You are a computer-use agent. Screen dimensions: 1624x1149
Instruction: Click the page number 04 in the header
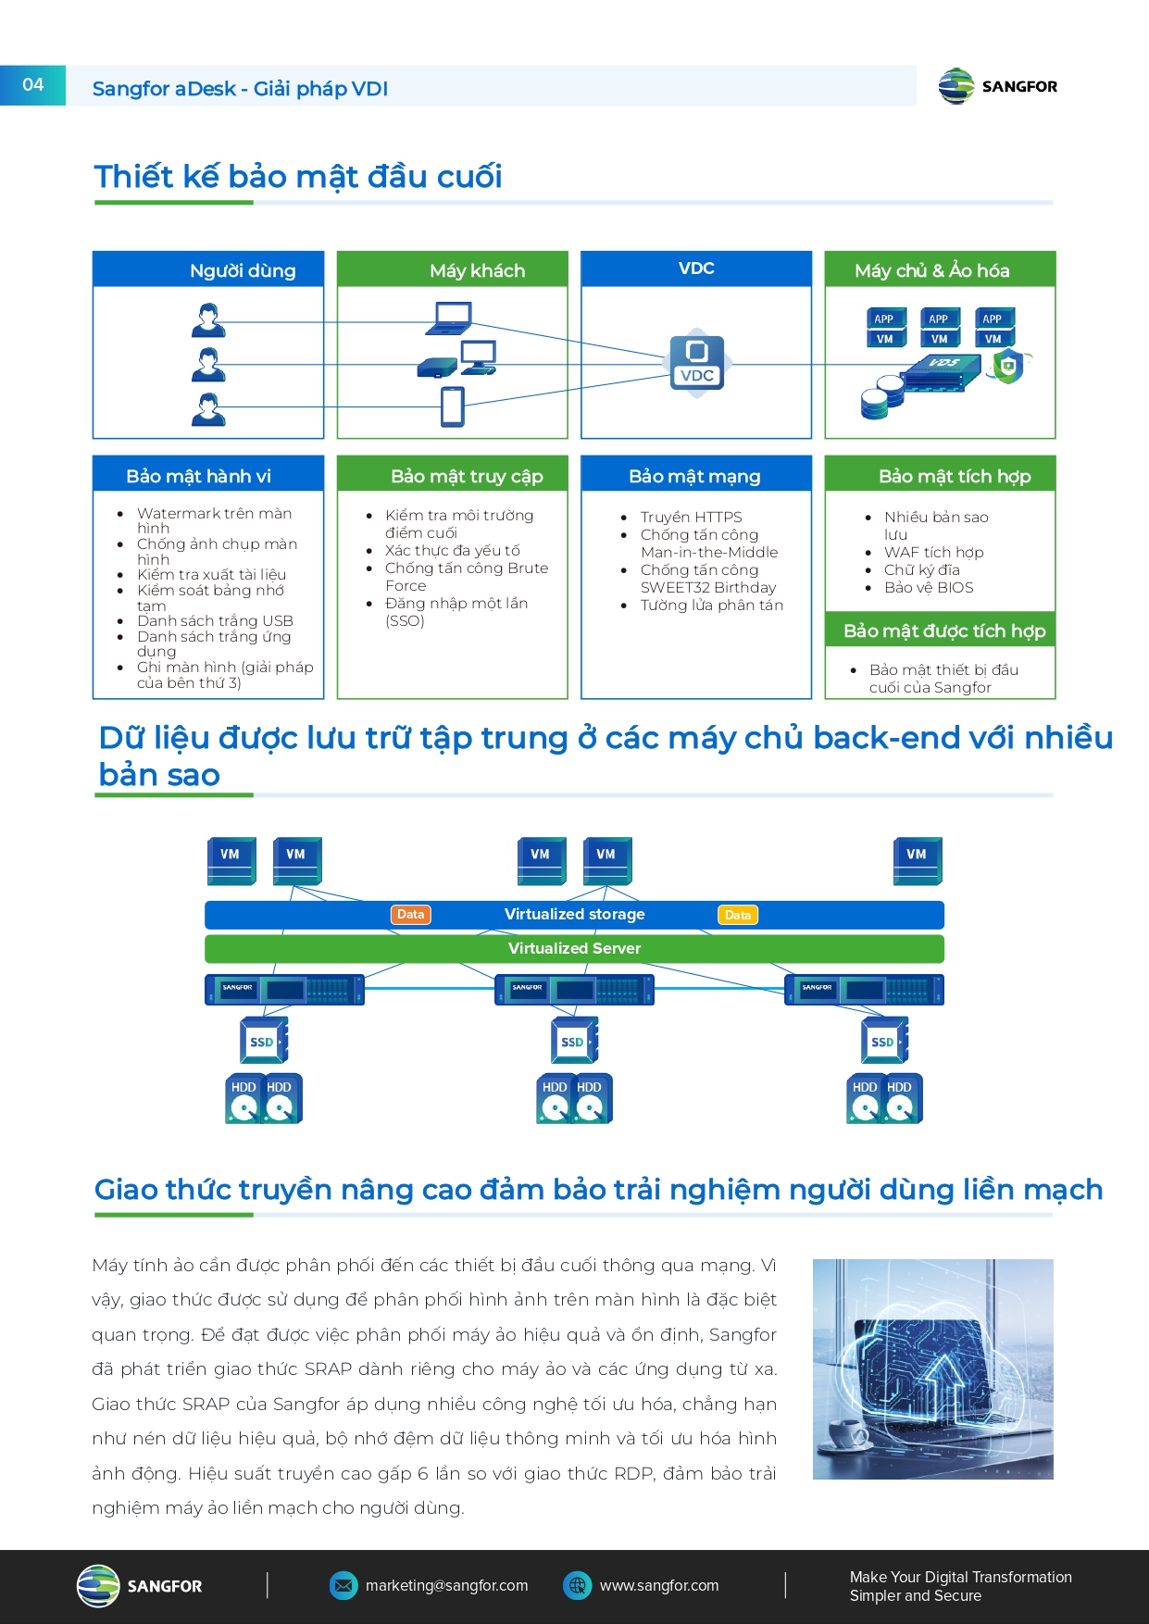click(x=32, y=85)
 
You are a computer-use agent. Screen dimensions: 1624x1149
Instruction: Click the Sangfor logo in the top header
click(x=997, y=86)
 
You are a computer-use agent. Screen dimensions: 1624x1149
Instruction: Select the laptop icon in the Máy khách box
click(x=449, y=319)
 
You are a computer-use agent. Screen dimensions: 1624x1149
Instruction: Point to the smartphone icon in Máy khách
click(x=453, y=406)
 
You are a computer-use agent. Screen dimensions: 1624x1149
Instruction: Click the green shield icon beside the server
click(x=1008, y=366)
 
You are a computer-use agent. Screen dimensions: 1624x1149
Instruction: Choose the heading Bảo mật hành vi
click(x=199, y=476)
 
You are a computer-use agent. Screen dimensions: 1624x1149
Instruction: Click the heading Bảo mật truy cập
click(x=467, y=476)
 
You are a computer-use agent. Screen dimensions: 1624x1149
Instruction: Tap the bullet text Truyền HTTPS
click(x=691, y=517)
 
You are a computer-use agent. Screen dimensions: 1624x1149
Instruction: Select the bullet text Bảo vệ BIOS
click(x=929, y=587)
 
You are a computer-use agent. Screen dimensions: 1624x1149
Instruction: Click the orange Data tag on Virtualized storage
click(x=410, y=915)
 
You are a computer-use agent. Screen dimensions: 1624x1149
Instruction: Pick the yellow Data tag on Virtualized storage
click(x=738, y=915)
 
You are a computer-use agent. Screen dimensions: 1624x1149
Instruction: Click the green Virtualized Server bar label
click(x=574, y=948)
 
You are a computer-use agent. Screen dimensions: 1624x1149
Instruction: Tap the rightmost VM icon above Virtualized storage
click(x=917, y=860)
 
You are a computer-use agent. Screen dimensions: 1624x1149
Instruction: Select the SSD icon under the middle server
click(x=573, y=1041)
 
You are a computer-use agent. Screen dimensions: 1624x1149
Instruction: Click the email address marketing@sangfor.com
click(x=446, y=1585)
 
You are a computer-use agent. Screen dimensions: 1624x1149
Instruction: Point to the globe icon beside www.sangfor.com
click(x=577, y=1585)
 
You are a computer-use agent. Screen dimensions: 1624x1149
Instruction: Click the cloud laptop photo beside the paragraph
click(x=932, y=1368)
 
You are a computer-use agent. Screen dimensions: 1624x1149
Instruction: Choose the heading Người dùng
click(x=243, y=270)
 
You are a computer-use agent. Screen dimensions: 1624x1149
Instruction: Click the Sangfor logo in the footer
click(x=139, y=1585)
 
